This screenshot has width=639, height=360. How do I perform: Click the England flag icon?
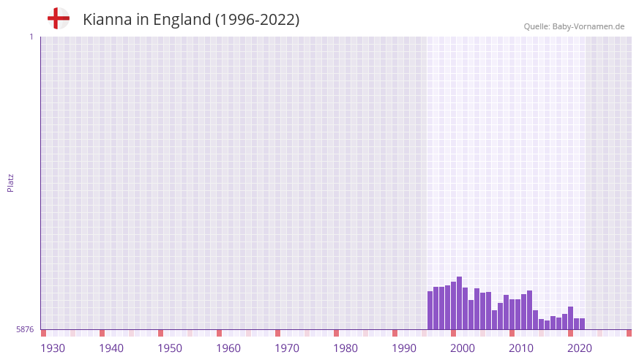coord(58,19)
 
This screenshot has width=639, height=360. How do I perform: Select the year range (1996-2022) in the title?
coord(257,20)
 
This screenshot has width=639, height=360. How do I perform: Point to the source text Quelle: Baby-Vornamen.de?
coord(574,26)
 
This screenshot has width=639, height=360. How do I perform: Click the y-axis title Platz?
coord(10,182)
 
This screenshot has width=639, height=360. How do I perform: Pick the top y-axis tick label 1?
coord(31,37)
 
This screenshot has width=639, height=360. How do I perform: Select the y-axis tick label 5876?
coord(25,330)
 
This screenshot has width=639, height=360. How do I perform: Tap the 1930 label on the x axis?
coord(53,348)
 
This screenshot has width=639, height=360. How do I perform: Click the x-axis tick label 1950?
coord(170,348)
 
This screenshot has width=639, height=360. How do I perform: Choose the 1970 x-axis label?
coord(287,348)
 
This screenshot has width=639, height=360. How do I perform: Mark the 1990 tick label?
coord(404,348)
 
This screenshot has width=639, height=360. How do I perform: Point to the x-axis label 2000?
coord(463,348)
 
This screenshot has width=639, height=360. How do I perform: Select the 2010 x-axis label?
coord(521,348)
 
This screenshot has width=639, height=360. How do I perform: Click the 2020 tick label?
coord(580,348)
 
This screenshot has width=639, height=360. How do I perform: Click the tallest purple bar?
coord(459,304)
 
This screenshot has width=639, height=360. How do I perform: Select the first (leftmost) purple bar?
coord(430,311)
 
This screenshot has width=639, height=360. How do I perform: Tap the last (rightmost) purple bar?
coord(582,324)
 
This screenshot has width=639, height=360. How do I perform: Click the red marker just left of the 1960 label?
coord(219,333)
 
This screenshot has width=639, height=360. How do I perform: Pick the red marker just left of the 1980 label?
coord(336,333)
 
